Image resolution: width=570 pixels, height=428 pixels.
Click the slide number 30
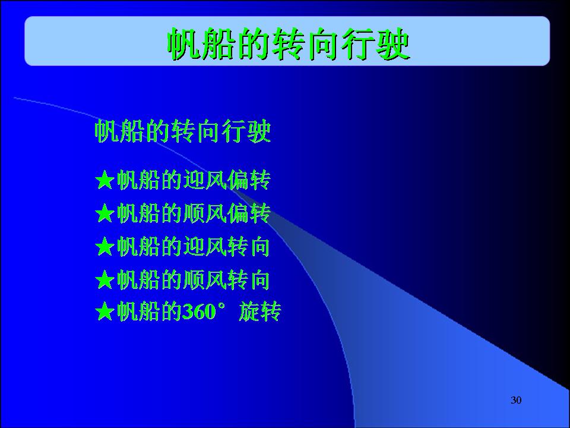516,400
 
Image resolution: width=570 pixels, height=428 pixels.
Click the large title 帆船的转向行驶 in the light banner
289,45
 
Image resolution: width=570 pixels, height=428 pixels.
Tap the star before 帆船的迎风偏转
104,180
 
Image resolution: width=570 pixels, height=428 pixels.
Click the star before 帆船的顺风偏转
104,213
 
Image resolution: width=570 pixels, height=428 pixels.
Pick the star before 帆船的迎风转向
104,246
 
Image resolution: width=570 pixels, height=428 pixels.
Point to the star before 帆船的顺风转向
104,279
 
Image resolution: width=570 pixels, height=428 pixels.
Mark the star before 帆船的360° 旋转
104,311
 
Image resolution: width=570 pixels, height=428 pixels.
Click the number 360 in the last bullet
199,312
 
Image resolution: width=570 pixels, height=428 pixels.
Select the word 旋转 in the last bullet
259,312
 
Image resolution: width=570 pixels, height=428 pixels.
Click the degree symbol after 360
221,307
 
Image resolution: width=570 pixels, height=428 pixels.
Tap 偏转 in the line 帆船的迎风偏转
249,180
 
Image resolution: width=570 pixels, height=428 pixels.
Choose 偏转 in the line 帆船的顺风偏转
249,213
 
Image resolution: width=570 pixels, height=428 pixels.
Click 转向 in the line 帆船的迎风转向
248,246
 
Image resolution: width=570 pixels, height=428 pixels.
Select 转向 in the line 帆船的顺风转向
248,279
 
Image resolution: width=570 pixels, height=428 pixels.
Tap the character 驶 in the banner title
393,45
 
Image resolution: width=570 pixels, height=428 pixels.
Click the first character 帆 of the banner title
184,45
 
